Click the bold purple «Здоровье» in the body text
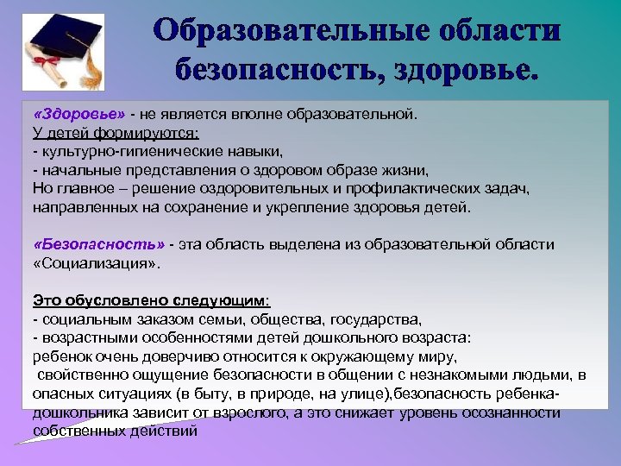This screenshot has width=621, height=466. [x=79, y=114]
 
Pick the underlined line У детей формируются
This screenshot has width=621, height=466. [x=116, y=133]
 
